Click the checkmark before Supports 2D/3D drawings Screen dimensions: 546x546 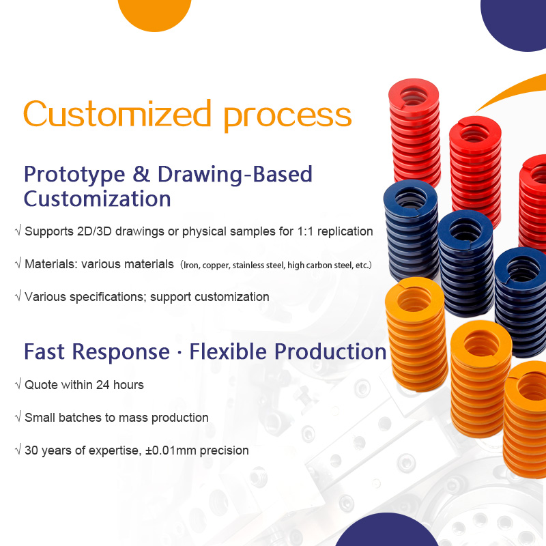(x=18, y=231)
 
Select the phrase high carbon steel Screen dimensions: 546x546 (x=317, y=265)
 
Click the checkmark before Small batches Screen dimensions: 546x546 (x=18, y=418)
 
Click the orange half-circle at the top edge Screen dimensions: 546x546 (x=154, y=14)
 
